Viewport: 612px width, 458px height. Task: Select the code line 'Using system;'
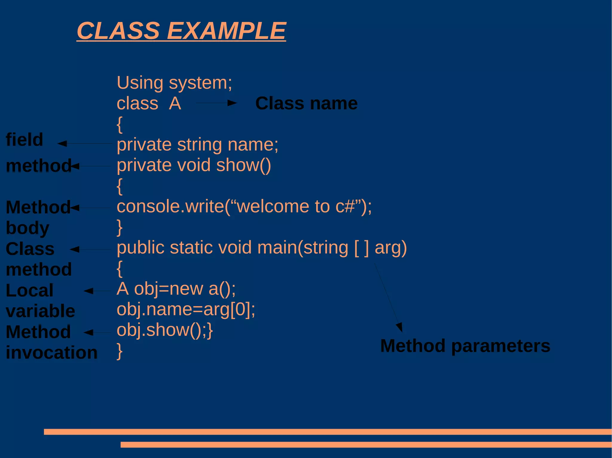tap(174, 83)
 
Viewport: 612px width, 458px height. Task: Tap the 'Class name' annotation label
tap(306, 104)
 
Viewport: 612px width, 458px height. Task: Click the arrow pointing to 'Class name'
tap(216, 103)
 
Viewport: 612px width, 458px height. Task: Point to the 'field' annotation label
tap(25, 140)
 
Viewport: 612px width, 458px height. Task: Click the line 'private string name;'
tap(197, 145)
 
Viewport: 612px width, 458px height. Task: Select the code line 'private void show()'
tap(194, 165)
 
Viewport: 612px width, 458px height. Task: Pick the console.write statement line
tap(244, 206)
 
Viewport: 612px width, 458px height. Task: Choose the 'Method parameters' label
tap(465, 346)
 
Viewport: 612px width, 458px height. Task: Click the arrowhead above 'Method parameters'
tap(400, 327)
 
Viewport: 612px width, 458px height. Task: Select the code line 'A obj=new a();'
tap(176, 289)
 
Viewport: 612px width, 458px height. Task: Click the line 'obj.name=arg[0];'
tap(186, 309)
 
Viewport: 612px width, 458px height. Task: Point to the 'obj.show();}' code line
tap(165, 330)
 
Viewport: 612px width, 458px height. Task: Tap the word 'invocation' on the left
tap(52, 353)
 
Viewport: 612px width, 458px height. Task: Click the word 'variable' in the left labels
tap(40, 311)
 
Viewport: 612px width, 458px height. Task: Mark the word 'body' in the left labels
tap(27, 228)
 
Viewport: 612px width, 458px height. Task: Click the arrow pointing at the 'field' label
tap(84, 144)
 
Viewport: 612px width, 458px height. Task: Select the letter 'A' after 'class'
tap(175, 104)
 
